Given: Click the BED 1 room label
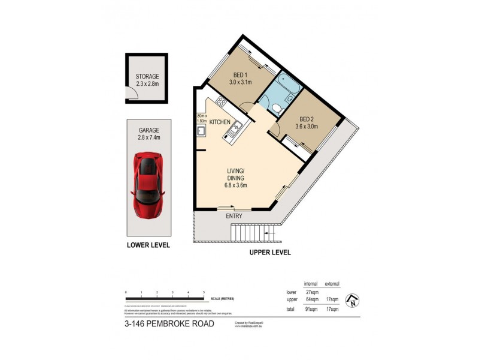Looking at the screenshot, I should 241,78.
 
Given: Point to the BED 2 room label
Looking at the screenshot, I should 306,122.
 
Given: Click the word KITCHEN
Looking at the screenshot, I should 220,122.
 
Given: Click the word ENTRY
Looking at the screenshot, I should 234,215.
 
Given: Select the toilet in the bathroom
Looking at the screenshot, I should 275,108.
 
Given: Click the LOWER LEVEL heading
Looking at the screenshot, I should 148,245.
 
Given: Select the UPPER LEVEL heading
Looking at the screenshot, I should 269,253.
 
